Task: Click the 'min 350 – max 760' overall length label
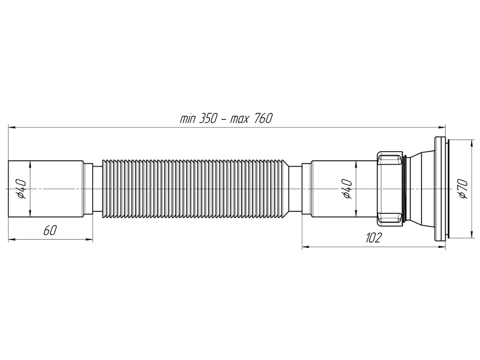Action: coord(226,119)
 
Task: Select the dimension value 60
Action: coord(49,231)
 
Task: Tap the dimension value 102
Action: coord(373,238)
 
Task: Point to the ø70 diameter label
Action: coord(462,189)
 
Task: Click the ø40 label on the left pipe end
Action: coord(21,189)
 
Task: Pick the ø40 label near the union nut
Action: coord(347,189)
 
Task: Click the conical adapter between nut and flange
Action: coord(420,189)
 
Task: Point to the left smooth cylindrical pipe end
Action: coord(46,189)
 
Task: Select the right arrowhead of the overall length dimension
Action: coord(443,127)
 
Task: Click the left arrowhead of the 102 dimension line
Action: coord(304,247)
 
